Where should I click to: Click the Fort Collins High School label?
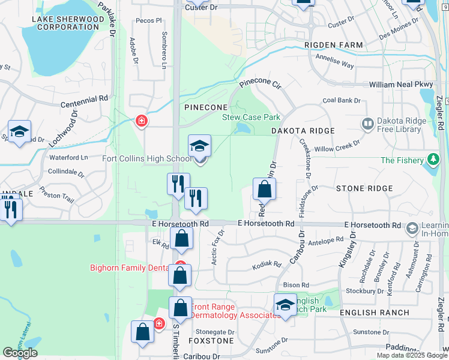coord(147,158)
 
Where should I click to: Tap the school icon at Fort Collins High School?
coord(200,146)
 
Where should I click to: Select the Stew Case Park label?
coord(252,117)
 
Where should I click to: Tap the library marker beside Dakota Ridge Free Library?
coord(367,124)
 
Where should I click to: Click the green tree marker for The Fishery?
coord(432,160)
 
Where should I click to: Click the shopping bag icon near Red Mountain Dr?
coord(264,190)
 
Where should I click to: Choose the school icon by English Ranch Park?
coord(285,304)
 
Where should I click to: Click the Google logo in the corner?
coord(20,353)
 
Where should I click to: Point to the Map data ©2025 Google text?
coord(412,355)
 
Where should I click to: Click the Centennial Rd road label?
coord(83,98)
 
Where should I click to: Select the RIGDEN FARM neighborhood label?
coord(334,45)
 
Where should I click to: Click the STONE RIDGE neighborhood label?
coord(364,188)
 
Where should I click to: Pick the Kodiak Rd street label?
coord(267,264)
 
